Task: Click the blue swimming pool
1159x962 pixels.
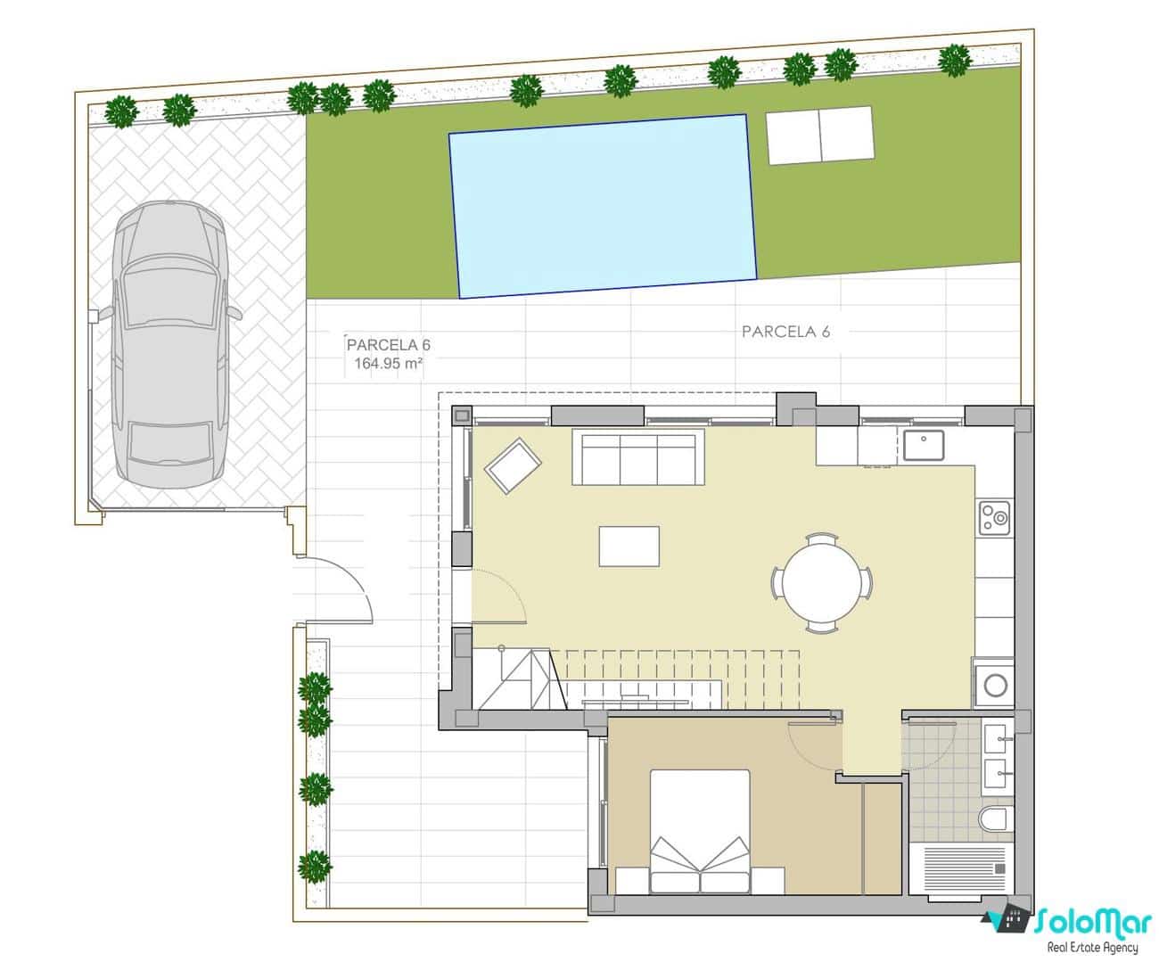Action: pos(603,207)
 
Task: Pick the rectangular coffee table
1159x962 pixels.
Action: pos(629,546)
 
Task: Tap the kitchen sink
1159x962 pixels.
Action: pos(924,443)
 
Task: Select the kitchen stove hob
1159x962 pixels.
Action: pos(994,516)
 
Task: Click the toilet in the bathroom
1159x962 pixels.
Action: pos(993,818)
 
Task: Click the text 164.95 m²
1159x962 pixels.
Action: pos(388,364)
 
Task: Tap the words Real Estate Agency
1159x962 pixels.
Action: pos(1092,947)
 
